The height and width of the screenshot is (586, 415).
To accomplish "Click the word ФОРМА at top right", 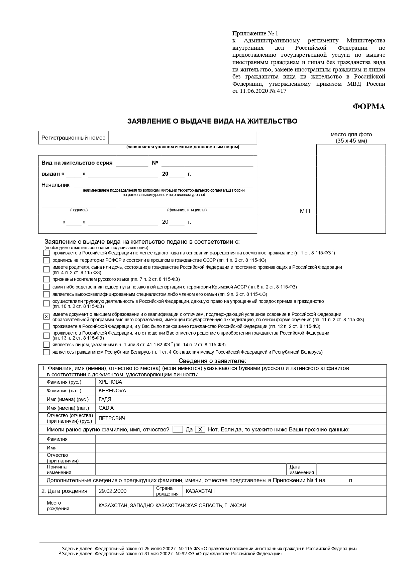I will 369,107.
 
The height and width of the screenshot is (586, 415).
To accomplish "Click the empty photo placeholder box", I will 351,189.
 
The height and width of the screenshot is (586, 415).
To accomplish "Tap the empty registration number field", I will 183,138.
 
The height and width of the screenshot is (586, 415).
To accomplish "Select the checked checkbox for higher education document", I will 46,317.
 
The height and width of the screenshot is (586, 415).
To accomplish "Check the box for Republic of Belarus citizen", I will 46,352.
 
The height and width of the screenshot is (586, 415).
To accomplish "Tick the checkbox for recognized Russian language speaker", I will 46,279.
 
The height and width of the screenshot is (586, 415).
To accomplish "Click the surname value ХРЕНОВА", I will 110,382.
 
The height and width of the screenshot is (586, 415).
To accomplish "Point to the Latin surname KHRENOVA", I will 112,391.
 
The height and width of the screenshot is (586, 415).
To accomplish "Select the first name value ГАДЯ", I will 105,399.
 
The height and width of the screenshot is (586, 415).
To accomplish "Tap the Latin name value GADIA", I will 106,408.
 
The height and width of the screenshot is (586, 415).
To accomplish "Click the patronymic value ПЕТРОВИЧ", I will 112,418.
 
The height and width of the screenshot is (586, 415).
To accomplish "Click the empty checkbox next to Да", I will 178,429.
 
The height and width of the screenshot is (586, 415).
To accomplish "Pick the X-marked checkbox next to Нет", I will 200,429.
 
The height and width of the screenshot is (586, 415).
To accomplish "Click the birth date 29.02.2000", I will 113,491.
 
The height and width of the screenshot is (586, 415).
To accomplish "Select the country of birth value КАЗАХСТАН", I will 200,491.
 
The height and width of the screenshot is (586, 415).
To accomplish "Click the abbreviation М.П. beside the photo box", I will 306,211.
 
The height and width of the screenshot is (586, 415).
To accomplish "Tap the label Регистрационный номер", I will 73,138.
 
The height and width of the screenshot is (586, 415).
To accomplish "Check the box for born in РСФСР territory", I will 46,260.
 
